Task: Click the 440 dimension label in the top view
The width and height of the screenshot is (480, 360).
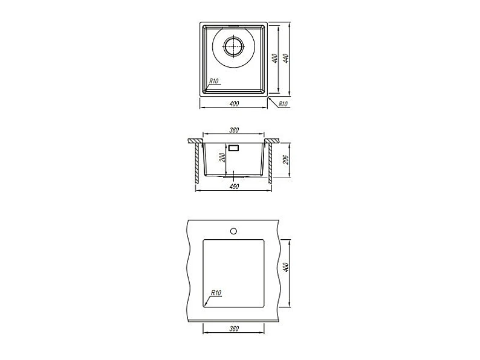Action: [286, 58]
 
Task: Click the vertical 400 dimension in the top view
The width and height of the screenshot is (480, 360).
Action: [275, 59]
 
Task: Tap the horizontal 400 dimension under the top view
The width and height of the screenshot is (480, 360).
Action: [234, 104]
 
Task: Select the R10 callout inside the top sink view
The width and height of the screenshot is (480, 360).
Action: [213, 81]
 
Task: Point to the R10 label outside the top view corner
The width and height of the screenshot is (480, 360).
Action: [283, 104]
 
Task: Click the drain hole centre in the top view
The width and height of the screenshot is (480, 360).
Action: [234, 47]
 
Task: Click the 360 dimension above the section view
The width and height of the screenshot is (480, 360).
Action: [234, 130]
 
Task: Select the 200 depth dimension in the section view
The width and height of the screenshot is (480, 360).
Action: [222, 157]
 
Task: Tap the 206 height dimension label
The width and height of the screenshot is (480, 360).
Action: [286, 159]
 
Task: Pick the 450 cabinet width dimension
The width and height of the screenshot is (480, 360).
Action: [234, 187]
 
